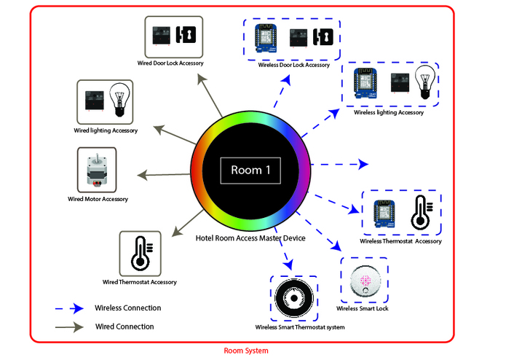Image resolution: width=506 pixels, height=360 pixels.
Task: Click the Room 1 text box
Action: [250, 170]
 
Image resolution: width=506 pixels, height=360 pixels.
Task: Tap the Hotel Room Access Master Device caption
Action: [250, 238]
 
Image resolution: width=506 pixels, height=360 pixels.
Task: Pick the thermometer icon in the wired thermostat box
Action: [140, 254]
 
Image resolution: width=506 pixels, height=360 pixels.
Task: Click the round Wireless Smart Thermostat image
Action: [293, 299]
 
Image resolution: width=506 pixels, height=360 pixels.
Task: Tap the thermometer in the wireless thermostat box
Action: [421, 213]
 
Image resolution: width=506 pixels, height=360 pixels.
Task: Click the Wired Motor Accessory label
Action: [98, 199]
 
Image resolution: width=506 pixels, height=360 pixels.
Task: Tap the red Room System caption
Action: [245, 351]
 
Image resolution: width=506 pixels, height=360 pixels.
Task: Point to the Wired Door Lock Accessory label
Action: [170, 63]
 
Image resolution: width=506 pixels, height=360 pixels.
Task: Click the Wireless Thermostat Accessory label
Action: [400, 241]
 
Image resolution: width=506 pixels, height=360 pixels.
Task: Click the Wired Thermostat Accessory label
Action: [139, 281]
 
